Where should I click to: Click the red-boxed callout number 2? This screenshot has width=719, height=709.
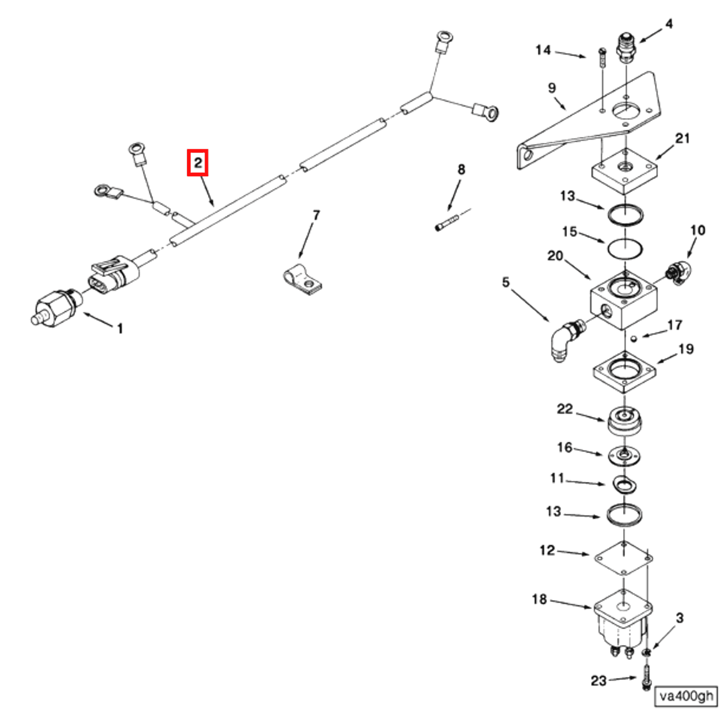[x=197, y=162]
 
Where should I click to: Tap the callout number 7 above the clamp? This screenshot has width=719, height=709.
[x=316, y=215]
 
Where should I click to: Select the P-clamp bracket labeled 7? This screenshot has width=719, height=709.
[x=302, y=281]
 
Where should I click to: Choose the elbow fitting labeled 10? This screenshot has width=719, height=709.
[x=679, y=273]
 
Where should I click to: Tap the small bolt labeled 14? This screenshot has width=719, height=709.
[x=602, y=58]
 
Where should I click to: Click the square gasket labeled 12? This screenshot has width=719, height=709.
[x=624, y=558]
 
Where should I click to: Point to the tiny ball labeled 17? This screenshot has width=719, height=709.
[x=634, y=339]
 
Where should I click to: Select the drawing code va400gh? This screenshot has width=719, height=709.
[x=686, y=696]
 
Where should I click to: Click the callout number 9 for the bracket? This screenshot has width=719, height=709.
[x=552, y=88]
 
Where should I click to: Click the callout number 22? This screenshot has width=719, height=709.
[x=565, y=409]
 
